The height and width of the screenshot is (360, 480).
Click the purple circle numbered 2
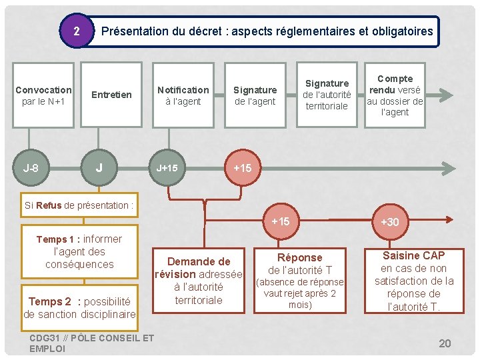77,31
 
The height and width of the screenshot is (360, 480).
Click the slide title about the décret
267,31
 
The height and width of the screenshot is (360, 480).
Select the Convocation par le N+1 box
43,95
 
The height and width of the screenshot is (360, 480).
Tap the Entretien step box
111,95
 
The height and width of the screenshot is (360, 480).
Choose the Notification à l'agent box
183,95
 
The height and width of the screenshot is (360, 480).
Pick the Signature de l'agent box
255,95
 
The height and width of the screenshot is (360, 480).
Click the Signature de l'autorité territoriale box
327,95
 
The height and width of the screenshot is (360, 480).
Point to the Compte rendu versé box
395,95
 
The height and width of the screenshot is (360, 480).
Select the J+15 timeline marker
167,168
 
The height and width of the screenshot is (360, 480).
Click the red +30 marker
389,221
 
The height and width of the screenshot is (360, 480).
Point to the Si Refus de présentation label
79,205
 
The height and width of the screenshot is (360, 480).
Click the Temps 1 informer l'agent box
79,251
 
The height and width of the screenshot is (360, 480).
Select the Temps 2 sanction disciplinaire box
79,307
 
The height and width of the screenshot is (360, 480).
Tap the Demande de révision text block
198,280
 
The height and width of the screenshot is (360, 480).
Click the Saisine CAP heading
413,255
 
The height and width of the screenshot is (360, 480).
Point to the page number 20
445,343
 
